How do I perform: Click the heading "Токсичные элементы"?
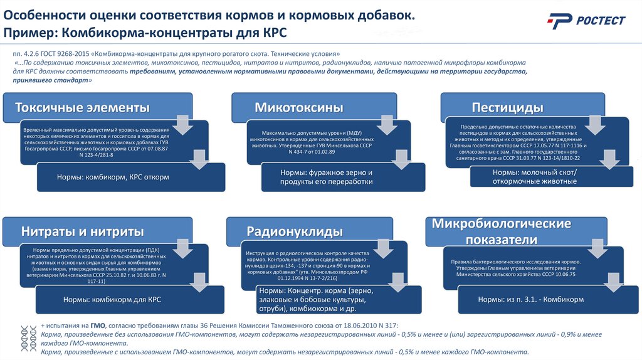82,107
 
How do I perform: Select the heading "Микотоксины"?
298,107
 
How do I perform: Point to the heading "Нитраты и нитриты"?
83,231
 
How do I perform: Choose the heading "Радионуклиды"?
294,231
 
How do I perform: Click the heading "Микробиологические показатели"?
502,231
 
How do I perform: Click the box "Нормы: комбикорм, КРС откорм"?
113,177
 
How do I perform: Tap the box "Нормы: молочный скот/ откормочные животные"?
534,177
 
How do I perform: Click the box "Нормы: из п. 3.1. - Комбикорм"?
530,300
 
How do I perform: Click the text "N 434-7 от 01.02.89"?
311,151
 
